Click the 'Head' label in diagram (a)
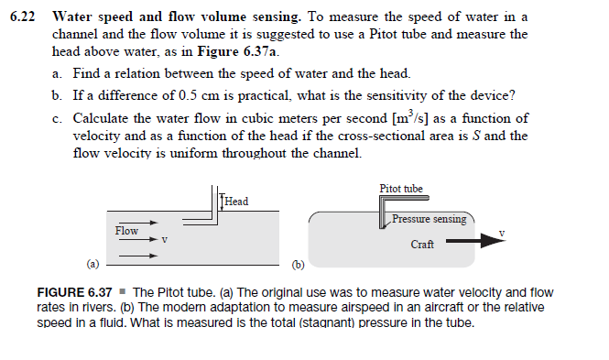point(236,201)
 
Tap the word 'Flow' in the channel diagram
point(126,230)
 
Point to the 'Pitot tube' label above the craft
point(401,190)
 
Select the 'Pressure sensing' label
point(429,220)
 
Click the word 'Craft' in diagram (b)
point(422,245)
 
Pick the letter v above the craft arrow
point(502,233)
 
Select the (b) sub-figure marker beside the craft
point(297,266)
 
